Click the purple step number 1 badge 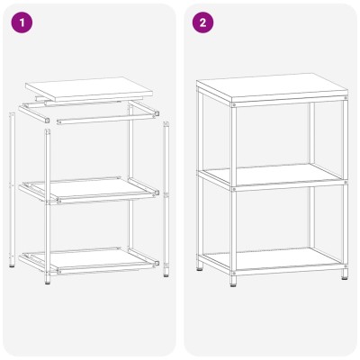pos(22,22)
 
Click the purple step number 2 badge pos(202,22)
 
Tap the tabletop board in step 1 pos(89,88)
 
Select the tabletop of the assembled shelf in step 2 pos(273,86)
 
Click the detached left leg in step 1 pos(12,190)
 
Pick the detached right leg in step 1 pos(166,199)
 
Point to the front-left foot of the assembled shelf pos(233,281)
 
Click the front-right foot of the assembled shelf pos(345,274)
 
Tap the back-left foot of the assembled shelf pos(200,266)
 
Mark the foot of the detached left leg pos(12,264)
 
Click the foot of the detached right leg pos(166,274)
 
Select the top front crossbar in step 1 pos(108,118)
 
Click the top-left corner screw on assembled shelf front pos(234,104)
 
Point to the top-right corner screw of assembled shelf pos(346,98)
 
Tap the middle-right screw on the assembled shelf pos(346,182)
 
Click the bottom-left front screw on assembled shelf pos(234,273)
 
